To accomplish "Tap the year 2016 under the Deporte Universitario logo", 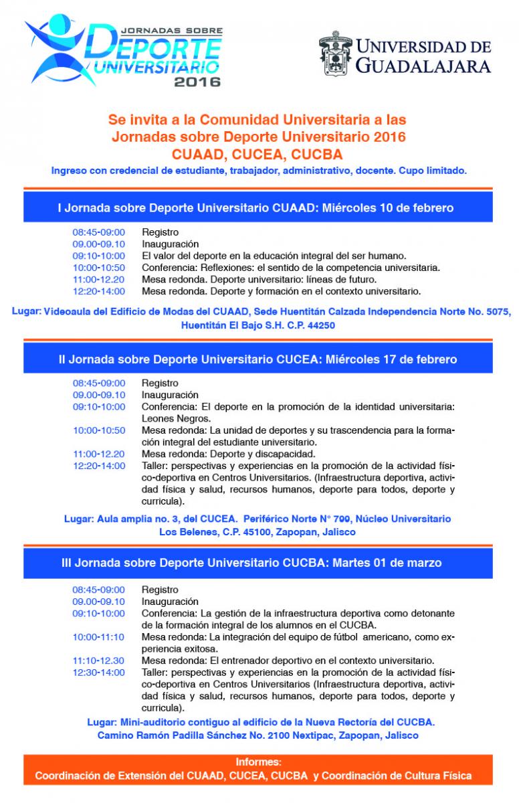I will (x=197, y=83).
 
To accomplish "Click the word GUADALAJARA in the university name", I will (x=423, y=65).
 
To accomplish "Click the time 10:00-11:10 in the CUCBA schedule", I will (x=99, y=636).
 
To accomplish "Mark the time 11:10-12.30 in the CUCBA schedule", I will (x=99, y=660).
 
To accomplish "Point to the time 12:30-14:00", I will (x=99, y=672).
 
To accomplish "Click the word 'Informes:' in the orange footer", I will (x=258, y=762).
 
